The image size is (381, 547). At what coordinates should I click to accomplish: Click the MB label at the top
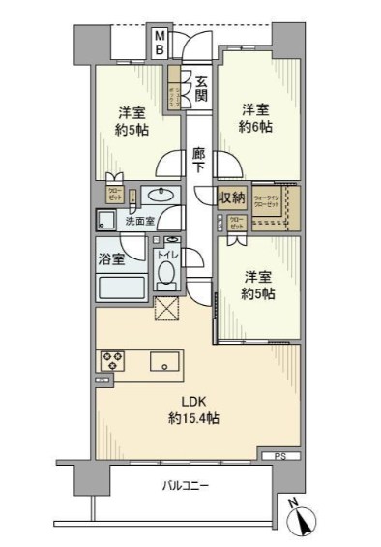161,44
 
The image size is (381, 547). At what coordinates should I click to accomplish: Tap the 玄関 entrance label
200,88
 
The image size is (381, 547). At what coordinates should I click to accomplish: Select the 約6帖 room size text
255,126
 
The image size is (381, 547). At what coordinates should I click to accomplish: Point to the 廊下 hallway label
199,159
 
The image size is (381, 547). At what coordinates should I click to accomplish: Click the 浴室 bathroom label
109,258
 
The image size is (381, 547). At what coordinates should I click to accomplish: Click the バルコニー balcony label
183,486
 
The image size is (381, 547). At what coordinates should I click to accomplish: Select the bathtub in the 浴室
121,287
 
